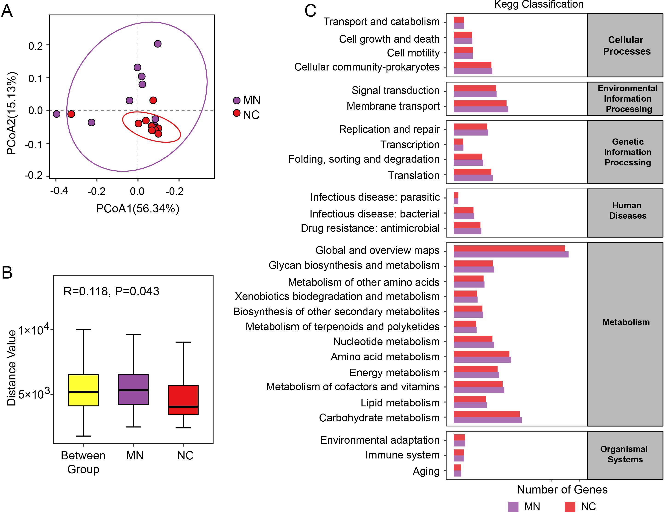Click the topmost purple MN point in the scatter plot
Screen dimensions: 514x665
157,44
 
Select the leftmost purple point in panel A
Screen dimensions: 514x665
57,114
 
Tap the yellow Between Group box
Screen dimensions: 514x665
83,390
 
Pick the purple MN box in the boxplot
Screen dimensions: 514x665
133,389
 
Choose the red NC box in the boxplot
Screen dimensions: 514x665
183,400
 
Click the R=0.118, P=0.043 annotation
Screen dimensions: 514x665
111,291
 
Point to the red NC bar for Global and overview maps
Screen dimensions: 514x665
509,248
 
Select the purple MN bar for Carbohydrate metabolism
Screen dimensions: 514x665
487,420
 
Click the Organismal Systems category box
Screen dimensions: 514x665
625,455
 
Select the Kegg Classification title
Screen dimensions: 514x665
538,4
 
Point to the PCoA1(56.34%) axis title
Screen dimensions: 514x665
138,209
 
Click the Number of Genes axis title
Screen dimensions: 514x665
562,489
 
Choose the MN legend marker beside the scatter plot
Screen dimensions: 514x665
237,100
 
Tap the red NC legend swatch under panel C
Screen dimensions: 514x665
570,507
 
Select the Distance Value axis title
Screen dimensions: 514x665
11,368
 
